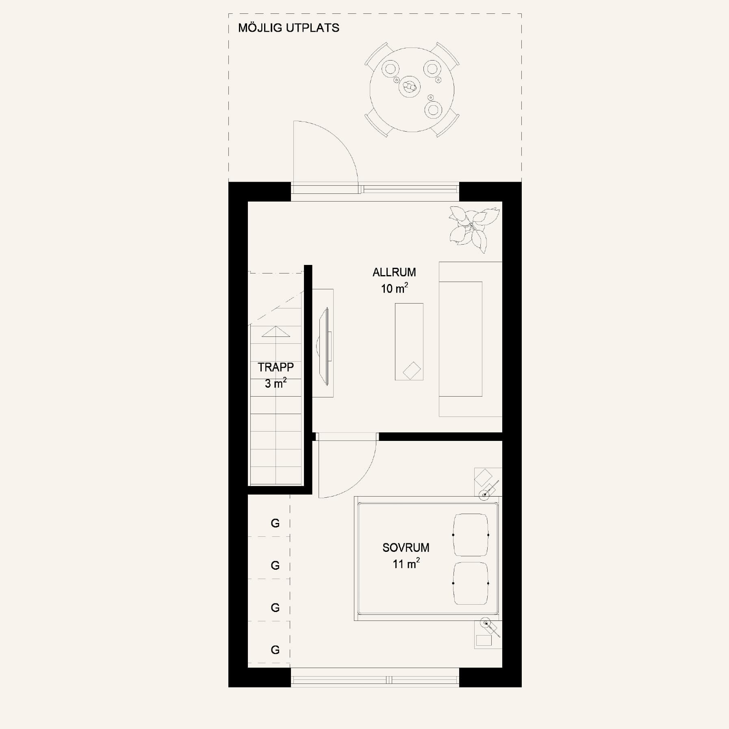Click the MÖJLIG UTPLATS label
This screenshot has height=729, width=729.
click(289, 28)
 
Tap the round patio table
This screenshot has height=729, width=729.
click(412, 89)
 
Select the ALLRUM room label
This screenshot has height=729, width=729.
click(394, 272)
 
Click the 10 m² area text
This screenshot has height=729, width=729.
click(394, 288)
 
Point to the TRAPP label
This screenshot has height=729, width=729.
click(276, 367)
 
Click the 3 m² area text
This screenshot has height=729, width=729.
click(276, 383)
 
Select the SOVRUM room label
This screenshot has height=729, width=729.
click(406, 548)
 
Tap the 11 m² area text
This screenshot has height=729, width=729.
click(406, 564)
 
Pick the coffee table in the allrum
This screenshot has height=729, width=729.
click(409, 342)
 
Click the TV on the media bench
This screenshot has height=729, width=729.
click(324, 347)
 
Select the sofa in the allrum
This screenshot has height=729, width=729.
click(470, 339)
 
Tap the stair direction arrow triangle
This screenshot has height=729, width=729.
click(276, 332)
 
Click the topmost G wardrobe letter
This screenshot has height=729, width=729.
click(275, 523)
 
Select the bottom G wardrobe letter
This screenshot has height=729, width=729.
click(275, 650)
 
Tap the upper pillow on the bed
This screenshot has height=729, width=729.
click(471, 535)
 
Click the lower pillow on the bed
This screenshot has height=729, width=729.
click(471, 584)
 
